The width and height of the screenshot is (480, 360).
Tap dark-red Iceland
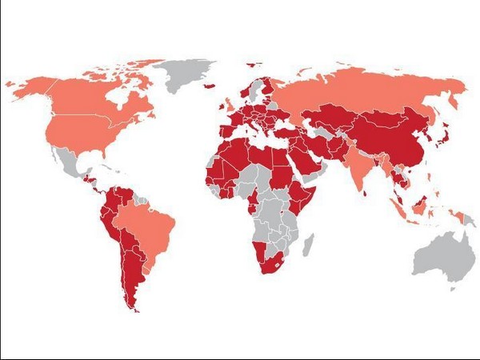point(210,83)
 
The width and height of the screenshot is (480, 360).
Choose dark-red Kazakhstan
point(336,116)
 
